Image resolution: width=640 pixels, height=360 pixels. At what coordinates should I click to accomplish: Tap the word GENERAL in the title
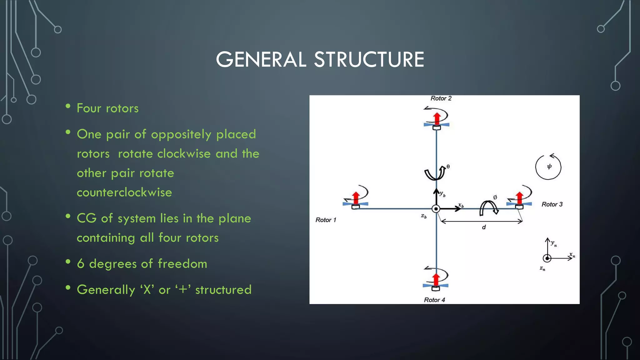coord(261,59)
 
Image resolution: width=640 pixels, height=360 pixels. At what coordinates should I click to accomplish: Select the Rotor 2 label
coord(441,98)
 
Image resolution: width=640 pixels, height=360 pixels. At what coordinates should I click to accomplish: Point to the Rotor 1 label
coord(326,220)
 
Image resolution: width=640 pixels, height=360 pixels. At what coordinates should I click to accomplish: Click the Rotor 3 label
coord(552,204)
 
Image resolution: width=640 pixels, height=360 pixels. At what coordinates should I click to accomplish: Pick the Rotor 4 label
coord(434,300)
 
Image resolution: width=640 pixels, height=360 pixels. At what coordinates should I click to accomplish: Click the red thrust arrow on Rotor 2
coord(437,119)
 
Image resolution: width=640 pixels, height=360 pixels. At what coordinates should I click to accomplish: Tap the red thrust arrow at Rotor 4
coord(436,279)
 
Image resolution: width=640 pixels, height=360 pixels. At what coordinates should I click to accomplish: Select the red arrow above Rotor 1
coord(356,198)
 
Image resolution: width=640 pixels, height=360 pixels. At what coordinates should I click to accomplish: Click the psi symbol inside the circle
coord(549,167)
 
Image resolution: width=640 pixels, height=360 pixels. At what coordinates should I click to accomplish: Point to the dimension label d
coord(484,227)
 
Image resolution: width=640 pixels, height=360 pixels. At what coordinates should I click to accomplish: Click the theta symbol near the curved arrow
coord(448,167)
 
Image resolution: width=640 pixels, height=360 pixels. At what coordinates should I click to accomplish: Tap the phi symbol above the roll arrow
coord(495,197)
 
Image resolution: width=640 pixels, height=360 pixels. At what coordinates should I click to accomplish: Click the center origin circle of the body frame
coord(436,209)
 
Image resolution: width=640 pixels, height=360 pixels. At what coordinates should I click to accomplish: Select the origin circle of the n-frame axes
coord(547,258)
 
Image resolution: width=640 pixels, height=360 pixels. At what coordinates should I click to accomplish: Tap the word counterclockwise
coord(124,192)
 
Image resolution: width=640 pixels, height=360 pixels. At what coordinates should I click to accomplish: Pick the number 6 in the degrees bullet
coord(81,264)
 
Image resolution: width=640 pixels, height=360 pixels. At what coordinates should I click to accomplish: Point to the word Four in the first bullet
coord(89,108)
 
